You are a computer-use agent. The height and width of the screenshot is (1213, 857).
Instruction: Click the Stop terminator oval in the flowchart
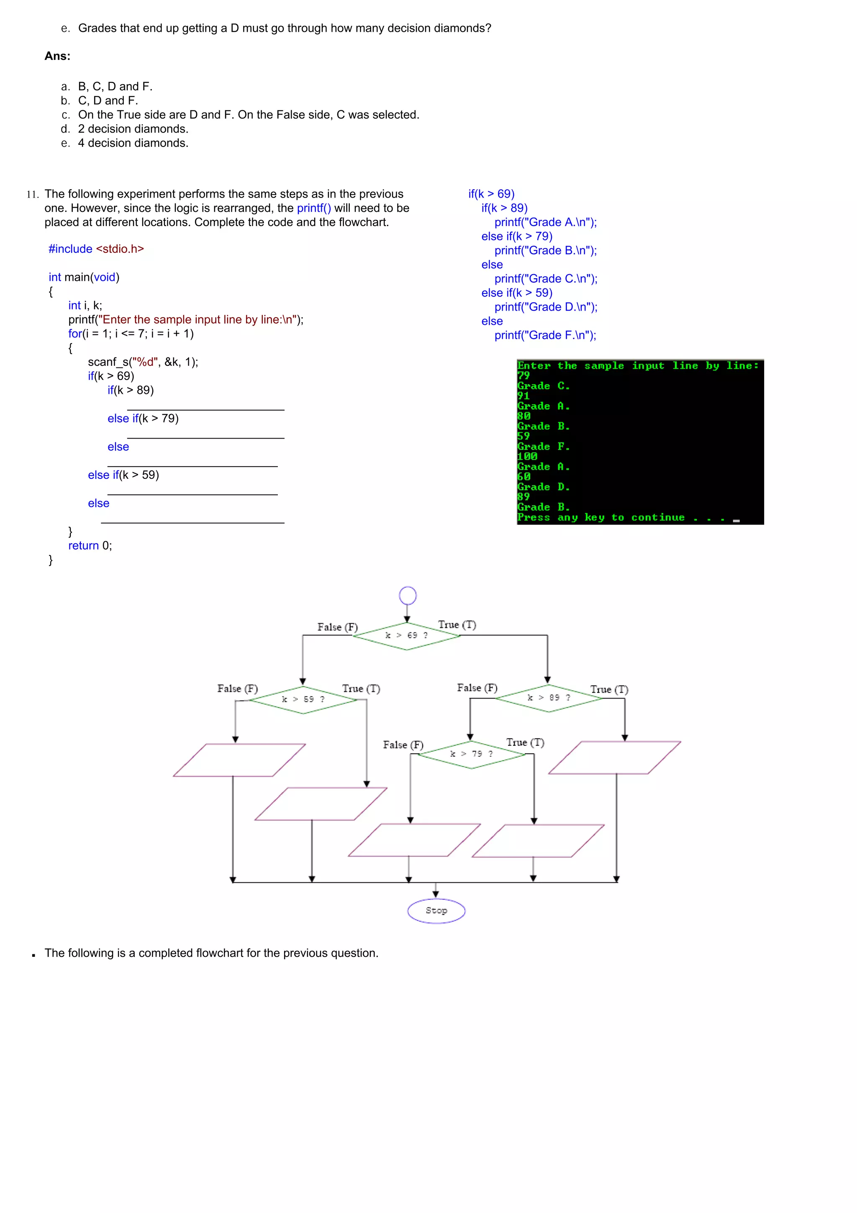pos(436,910)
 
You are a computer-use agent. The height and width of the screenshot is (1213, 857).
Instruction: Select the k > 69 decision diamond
pos(407,635)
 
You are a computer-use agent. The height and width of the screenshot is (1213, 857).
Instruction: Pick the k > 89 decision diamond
pos(549,698)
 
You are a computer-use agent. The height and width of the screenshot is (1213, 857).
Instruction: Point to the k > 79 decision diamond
pos(472,754)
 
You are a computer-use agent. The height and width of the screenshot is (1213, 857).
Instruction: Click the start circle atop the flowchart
pos(408,595)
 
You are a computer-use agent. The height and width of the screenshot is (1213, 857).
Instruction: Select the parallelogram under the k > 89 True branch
pos(615,758)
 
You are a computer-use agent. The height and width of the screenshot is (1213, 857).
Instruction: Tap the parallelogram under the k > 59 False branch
pos(239,760)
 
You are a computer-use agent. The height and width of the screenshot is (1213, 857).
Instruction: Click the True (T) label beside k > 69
pos(457,624)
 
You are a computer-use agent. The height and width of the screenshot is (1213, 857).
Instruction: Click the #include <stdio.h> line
pos(96,249)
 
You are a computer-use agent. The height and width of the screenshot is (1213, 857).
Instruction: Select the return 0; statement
pos(90,546)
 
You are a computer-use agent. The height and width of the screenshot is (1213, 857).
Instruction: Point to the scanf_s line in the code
pos(143,362)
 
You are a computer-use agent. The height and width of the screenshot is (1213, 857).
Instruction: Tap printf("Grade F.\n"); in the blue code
pos(545,335)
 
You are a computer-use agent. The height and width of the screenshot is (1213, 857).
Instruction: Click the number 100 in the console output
pos(527,457)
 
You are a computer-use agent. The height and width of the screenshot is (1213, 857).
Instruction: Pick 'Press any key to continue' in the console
pos(600,518)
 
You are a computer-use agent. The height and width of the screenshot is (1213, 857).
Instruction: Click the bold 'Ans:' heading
pos(57,56)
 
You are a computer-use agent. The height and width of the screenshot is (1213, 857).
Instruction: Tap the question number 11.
pos(32,194)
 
